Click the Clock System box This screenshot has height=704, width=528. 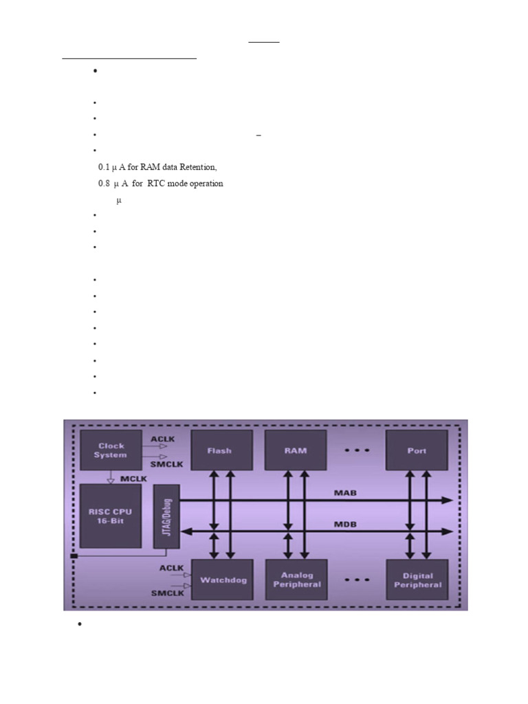111,450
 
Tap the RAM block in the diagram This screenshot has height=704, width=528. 296,451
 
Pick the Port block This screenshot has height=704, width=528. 417,451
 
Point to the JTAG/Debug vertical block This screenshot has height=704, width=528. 165,516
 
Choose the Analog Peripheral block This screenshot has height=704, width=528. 296,580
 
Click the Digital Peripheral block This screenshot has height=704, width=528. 417,580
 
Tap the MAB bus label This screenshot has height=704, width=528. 345,493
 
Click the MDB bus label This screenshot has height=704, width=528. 345,525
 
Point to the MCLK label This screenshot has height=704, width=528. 133,476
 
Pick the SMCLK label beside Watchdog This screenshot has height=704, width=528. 168,593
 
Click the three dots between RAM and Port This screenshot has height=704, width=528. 357,451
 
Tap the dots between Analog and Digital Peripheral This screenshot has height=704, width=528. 357,580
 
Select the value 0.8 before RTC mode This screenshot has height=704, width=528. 104,184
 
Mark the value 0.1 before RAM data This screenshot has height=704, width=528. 104,167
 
